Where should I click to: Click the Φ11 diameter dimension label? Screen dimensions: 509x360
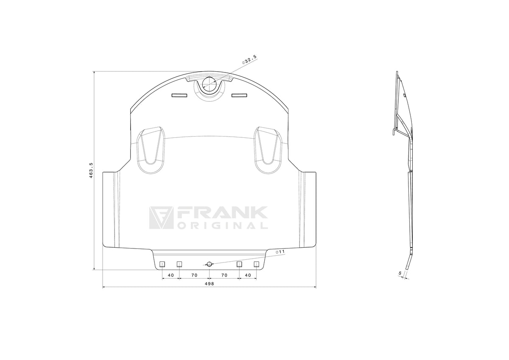[280, 252]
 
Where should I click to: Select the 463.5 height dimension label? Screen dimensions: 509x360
[91, 170]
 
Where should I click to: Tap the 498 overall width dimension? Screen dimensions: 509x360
[209, 284]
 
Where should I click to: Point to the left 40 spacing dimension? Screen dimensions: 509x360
[171, 275]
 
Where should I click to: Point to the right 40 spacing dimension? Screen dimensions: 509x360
[248, 275]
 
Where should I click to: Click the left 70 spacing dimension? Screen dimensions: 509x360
[194, 275]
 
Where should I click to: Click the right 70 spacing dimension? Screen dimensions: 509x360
[224, 275]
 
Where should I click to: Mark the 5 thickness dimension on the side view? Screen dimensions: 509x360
[400, 273]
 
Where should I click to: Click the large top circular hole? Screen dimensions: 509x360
[209, 85]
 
